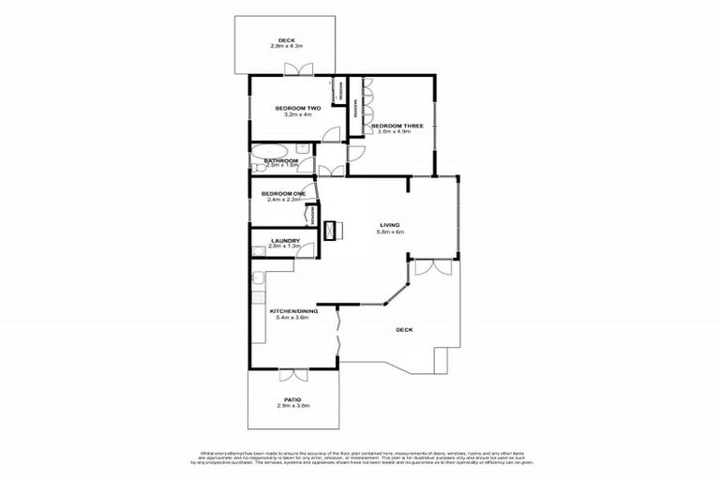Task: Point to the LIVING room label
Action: point(390,225)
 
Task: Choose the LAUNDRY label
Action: point(285,241)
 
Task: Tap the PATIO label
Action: point(293,398)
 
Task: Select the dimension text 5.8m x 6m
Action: point(391,232)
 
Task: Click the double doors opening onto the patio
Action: point(292,375)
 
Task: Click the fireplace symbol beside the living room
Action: point(332,229)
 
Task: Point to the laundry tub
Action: point(259,250)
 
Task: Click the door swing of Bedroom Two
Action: point(331,134)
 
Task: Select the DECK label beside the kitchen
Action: point(404,330)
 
